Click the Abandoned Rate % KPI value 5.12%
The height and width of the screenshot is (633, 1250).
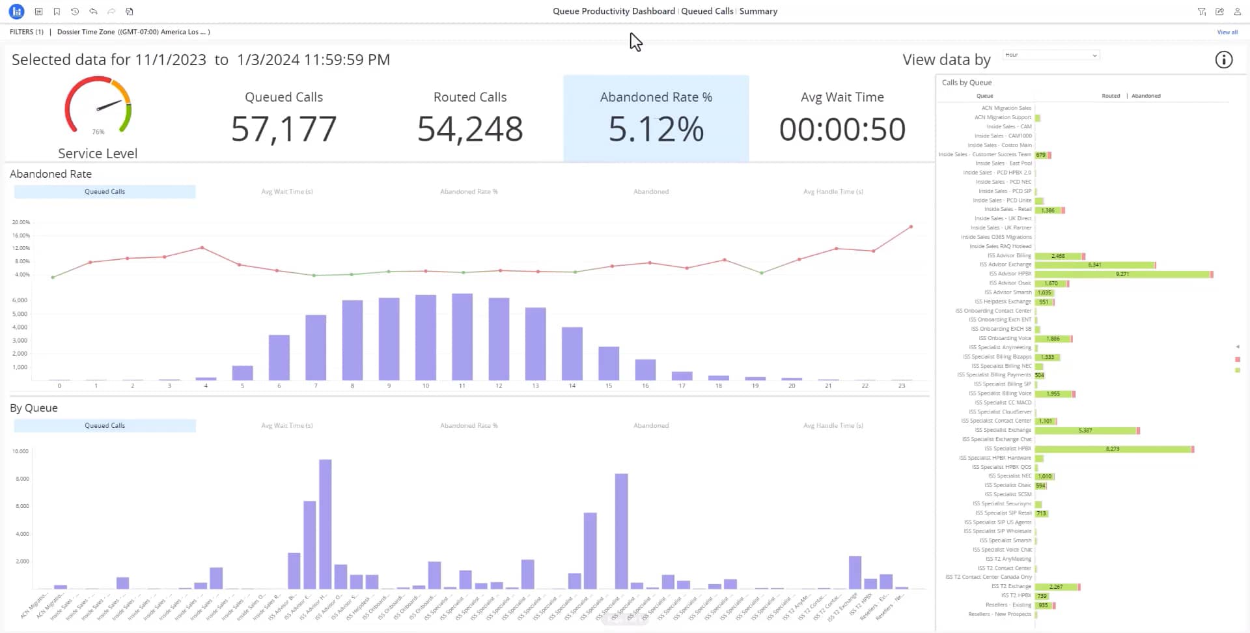click(656, 129)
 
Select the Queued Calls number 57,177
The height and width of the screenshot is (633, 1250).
click(284, 129)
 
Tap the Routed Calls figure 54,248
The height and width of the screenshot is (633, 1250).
click(470, 129)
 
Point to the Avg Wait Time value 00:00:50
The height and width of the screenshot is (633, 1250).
click(842, 129)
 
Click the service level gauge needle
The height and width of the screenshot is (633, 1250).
click(109, 105)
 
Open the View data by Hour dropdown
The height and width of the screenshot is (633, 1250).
click(1051, 55)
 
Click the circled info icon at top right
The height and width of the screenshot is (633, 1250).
click(1223, 60)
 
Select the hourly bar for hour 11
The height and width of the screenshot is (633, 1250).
click(462, 337)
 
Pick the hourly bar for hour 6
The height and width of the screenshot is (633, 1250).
click(279, 358)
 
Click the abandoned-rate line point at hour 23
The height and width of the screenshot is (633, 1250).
click(911, 227)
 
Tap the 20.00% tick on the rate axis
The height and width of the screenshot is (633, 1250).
click(21, 222)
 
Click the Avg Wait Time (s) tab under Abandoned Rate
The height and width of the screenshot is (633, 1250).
click(287, 191)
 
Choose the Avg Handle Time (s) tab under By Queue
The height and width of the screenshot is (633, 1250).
click(833, 425)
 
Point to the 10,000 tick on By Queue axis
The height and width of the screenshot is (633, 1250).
click(21, 451)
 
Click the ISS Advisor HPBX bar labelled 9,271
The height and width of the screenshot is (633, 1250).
click(1122, 274)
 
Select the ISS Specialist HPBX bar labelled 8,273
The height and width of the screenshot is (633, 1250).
click(1113, 449)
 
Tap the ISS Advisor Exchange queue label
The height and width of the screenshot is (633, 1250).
click(1005, 264)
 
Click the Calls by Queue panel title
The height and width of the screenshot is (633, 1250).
click(967, 83)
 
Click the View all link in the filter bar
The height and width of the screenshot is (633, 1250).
click(1227, 32)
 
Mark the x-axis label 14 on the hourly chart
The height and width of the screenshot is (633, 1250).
click(572, 386)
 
